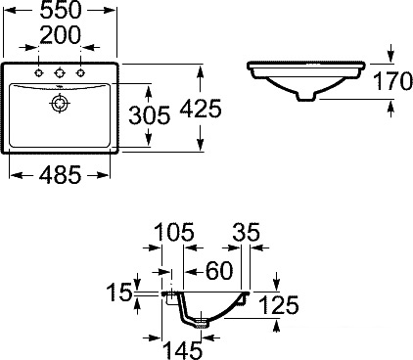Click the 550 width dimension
coord(61,10)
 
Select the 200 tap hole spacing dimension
coord(61,35)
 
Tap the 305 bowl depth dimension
coord(150,115)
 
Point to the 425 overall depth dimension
coord(201,109)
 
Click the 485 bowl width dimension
coord(60,175)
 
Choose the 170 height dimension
coord(392,81)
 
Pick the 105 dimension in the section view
coord(174,232)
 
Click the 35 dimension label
coord(246,232)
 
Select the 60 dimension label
coord(219,271)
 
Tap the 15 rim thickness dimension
coord(119,292)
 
